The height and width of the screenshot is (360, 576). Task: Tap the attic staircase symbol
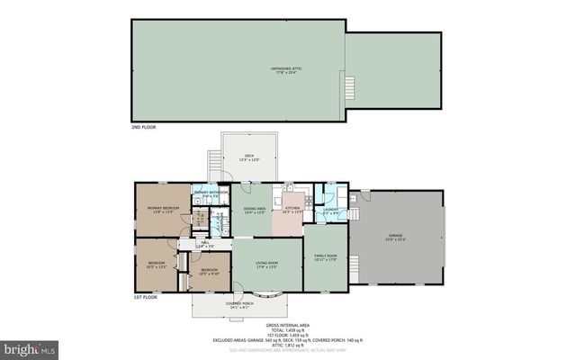(351, 87)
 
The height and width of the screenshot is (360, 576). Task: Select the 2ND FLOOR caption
(144, 128)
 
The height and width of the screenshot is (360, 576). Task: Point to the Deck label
(249, 157)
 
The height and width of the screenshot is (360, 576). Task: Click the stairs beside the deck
(214, 163)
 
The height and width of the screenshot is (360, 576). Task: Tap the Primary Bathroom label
(210, 193)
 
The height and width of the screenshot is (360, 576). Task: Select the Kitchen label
(292, 209)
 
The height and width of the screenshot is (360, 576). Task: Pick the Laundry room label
(330, 211)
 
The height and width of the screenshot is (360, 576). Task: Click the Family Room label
(325, 257)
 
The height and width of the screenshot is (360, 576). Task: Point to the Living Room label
(265, 264)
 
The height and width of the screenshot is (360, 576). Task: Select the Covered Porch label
(238, 304)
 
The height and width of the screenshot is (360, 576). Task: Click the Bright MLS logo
(31, 346)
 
